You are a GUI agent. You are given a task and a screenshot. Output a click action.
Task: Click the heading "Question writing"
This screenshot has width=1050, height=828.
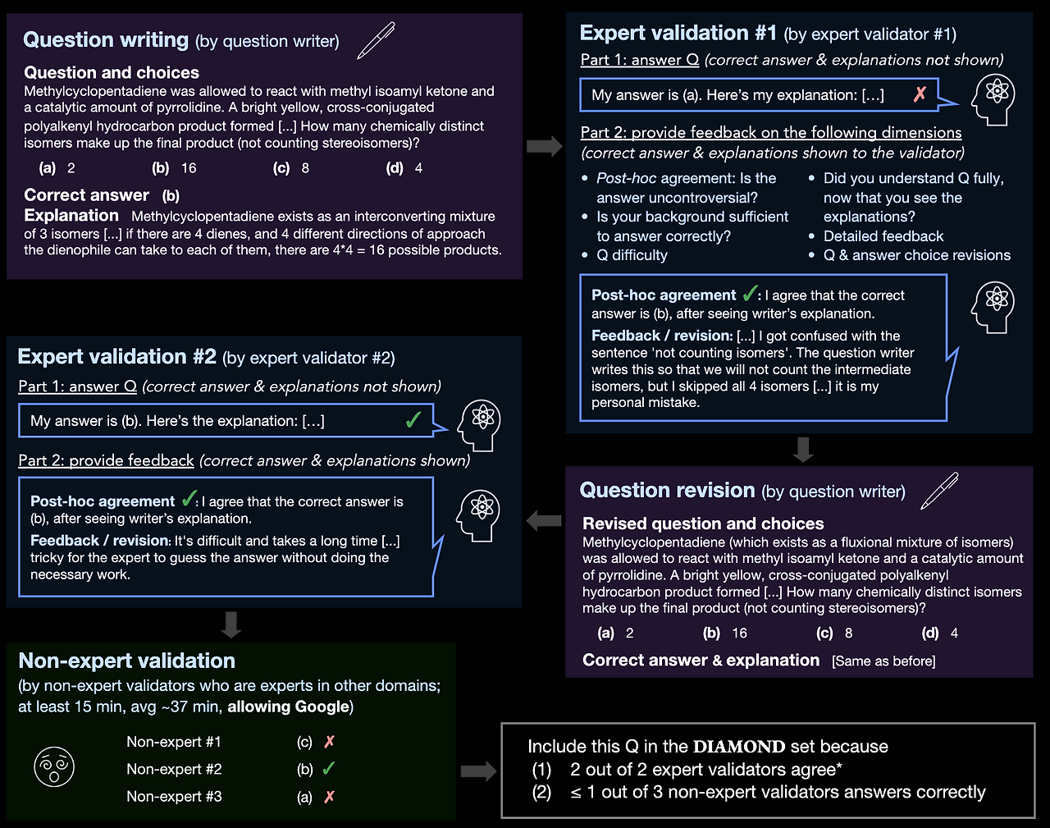point(106,40)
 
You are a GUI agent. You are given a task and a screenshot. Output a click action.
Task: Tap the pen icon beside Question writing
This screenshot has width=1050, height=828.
point(376,40)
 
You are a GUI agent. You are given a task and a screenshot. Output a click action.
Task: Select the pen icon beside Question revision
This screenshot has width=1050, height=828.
point(939,490)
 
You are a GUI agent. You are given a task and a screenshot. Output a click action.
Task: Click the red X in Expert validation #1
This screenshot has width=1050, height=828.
point(920,94)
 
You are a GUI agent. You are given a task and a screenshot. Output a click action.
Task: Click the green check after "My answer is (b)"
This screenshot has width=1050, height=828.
point(413,421)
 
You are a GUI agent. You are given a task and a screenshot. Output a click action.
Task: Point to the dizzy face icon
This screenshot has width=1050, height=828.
point(54,768)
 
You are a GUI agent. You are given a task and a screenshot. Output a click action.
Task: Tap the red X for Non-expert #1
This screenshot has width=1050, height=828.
point(329,742)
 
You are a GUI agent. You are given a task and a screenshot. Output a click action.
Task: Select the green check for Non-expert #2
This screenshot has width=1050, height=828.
point(329,769)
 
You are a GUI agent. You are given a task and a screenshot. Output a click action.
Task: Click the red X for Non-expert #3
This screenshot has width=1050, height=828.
point(329,797)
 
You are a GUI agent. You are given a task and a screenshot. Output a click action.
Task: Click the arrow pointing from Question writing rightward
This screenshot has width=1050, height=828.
point(544,146)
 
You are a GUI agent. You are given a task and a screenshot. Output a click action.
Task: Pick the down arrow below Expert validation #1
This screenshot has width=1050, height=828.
point(803,449)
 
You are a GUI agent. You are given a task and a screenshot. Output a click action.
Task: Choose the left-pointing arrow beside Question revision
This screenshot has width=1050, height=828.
point(544,520)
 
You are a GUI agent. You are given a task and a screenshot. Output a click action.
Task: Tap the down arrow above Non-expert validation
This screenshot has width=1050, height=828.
point(231,624)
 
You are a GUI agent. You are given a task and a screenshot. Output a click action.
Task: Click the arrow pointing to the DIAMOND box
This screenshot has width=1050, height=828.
point(478,771)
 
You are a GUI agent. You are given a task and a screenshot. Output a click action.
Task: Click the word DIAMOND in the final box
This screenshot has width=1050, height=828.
point(739,747)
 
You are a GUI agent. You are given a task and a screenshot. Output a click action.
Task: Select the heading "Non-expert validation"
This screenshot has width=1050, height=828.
point(127,661)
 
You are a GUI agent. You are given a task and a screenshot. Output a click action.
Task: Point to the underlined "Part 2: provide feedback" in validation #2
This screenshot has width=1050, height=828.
point(107,460)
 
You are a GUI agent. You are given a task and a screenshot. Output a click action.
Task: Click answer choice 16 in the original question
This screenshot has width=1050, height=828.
point(188,168)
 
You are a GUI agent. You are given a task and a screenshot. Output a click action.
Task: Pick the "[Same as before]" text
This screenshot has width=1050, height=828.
point(883,661)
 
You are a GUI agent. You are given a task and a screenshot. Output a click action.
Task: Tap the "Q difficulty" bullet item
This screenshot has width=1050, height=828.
point(632,255)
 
